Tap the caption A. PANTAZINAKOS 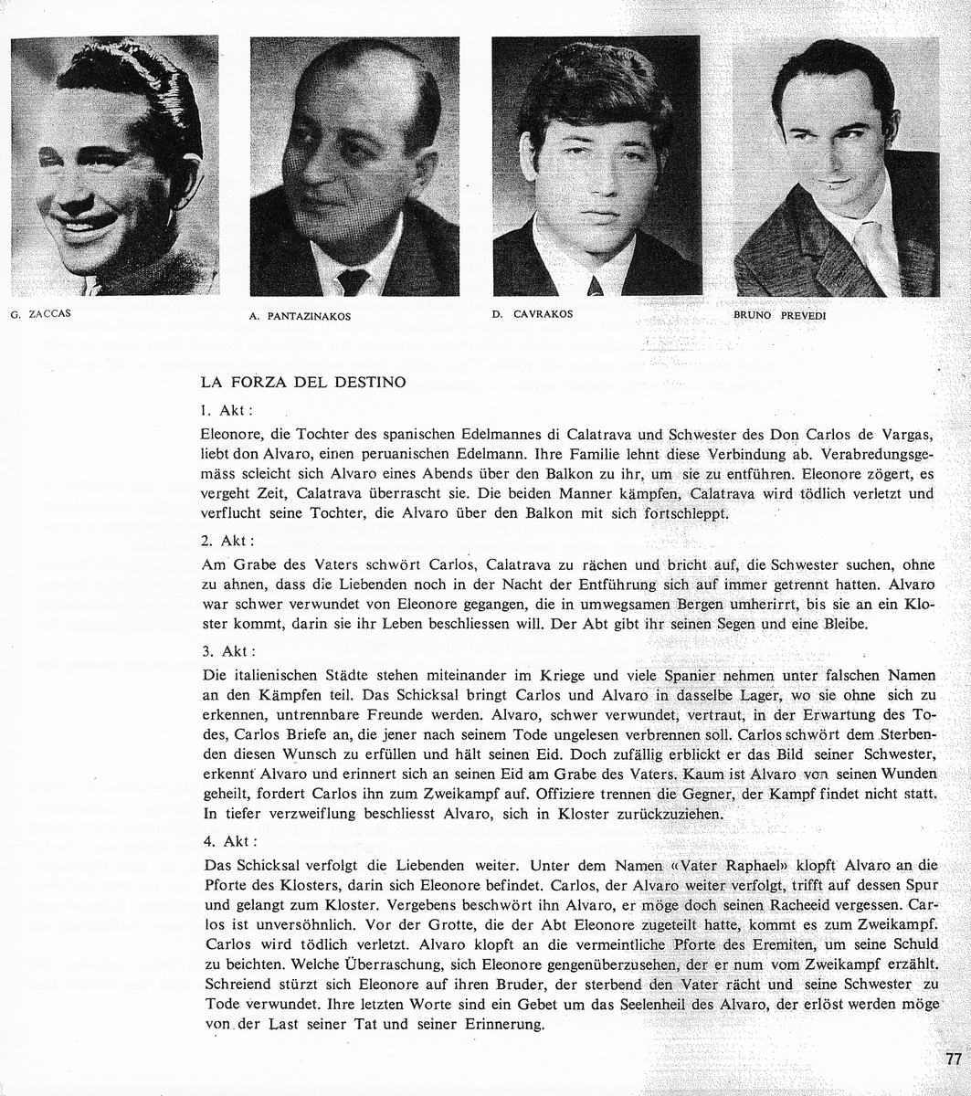pos(299,317)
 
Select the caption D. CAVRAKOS pos(532,314)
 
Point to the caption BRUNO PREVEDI pos(779,315)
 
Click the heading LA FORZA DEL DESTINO pos(301,383)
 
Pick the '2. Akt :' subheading pos(227,540)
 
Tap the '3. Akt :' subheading pos(227,652)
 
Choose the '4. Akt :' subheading pos(227,840)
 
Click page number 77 pos(954,1059)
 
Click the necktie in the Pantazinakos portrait pos(353,281)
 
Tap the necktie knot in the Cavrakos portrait pos(595,286)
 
